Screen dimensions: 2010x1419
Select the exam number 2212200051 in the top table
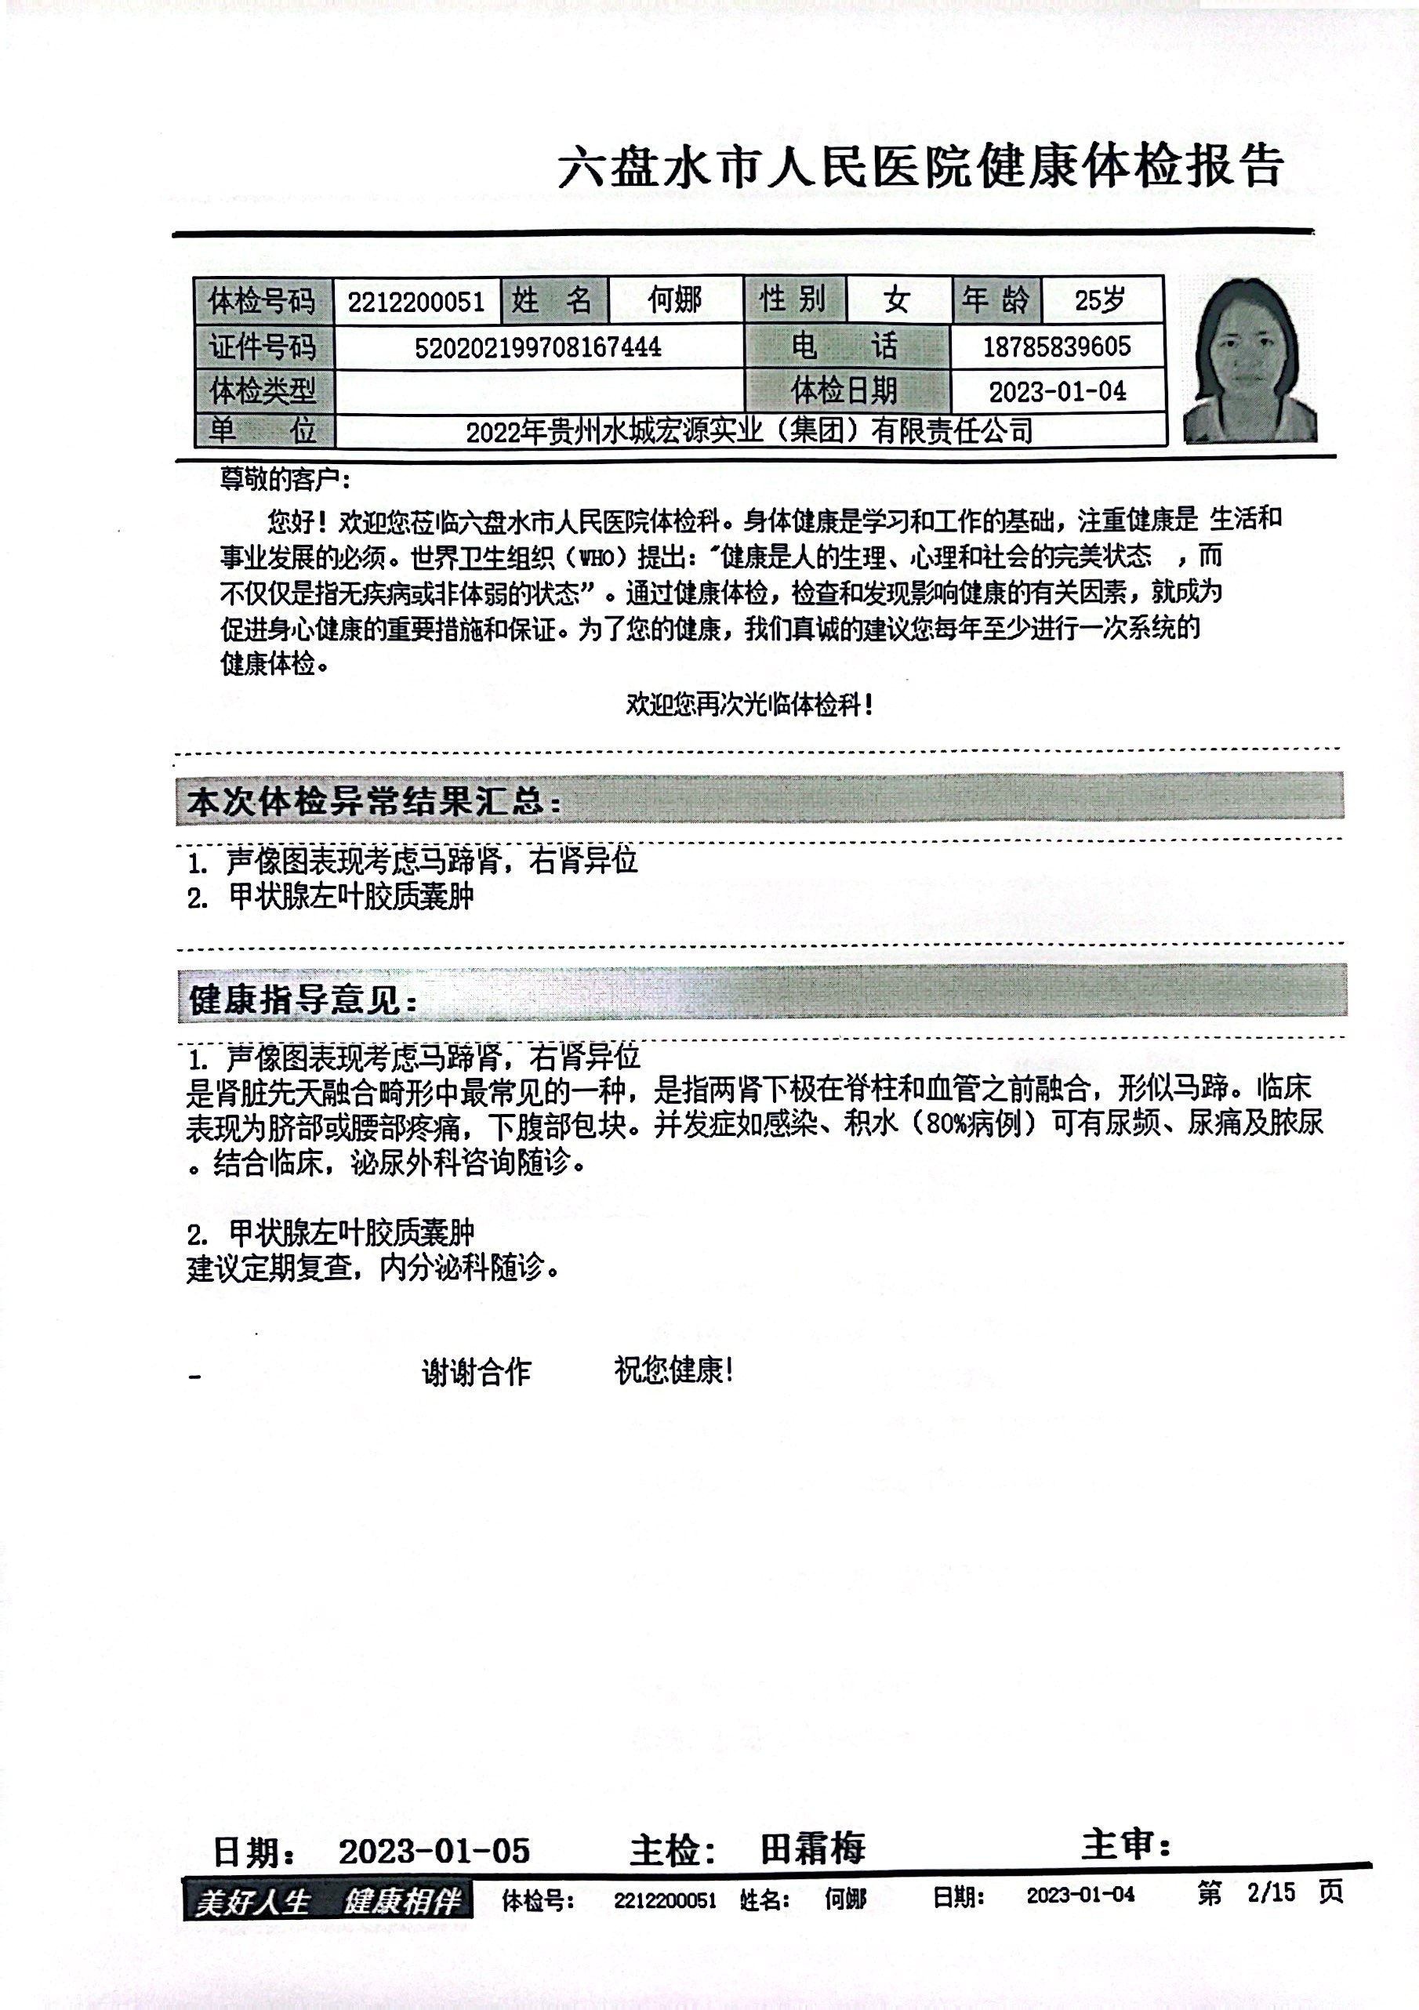(416, 302)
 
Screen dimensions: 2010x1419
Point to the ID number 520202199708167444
(538, 347)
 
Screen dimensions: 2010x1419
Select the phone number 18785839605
(1056, 346)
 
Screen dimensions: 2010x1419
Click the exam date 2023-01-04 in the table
(1057, 391)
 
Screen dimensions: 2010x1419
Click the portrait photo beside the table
(1249, 360)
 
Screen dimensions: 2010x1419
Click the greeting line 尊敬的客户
(285, 480)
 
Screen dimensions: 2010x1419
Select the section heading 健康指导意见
(303, 1000)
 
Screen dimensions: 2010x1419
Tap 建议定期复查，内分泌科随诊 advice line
(372, 1268)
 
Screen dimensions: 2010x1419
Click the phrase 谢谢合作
(476, 1372)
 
